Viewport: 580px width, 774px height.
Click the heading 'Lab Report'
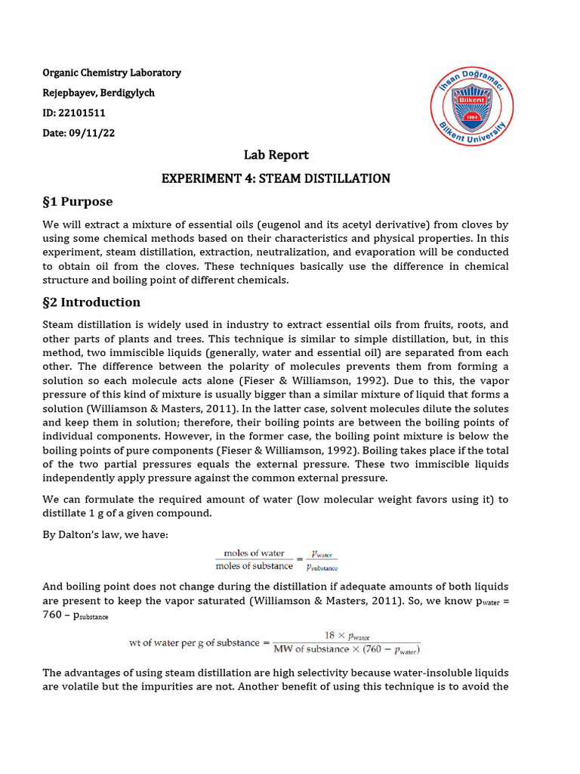(x=276, y=155)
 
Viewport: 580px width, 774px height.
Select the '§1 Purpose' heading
(x=78, y=202)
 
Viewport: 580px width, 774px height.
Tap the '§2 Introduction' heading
(x=91, y=302)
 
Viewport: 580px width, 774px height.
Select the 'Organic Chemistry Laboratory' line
(x=112, y=73)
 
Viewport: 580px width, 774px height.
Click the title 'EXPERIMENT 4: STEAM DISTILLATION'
(x=276, y=179)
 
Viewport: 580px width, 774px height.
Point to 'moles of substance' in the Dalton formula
(x=254, y=566)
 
